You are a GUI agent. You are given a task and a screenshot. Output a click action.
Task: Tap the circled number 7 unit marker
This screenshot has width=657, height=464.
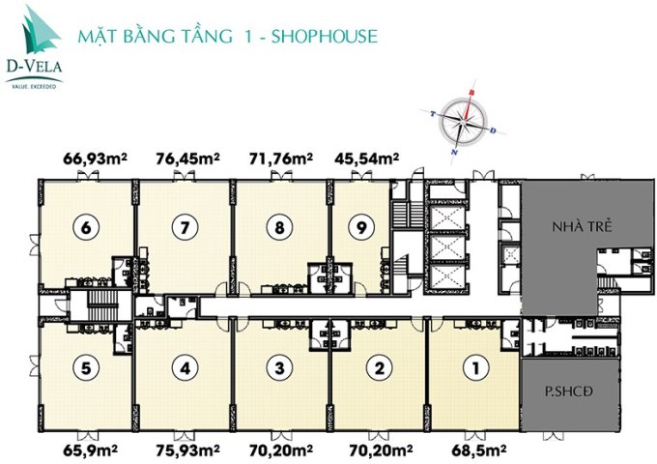coord(183,229)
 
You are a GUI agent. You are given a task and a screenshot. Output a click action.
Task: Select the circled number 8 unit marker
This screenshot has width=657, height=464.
coord(278,229)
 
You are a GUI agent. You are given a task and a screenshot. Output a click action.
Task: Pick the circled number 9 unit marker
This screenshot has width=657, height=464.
coord(360,229)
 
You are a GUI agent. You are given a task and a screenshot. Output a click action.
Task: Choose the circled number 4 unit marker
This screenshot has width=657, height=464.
coord(183,367)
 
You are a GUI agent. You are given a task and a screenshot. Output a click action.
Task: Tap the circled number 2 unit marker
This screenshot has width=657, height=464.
coord(380,367)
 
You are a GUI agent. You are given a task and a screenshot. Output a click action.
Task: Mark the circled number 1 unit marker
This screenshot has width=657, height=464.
coord(473,367)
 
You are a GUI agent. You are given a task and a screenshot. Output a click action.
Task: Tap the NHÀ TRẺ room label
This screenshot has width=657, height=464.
coord(577,229)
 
